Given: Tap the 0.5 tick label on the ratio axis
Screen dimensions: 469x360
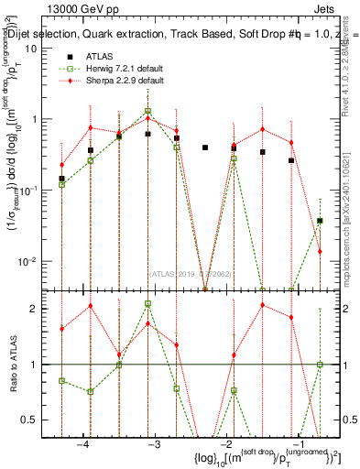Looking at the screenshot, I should [33, 420].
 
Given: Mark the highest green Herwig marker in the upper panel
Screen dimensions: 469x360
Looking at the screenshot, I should [147, 111].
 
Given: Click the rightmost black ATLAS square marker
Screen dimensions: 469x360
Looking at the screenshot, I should [320, 221].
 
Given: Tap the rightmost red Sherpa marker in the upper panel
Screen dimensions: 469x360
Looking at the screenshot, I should [320, 251].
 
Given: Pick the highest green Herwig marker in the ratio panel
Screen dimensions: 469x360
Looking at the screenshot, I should [147, 303].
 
